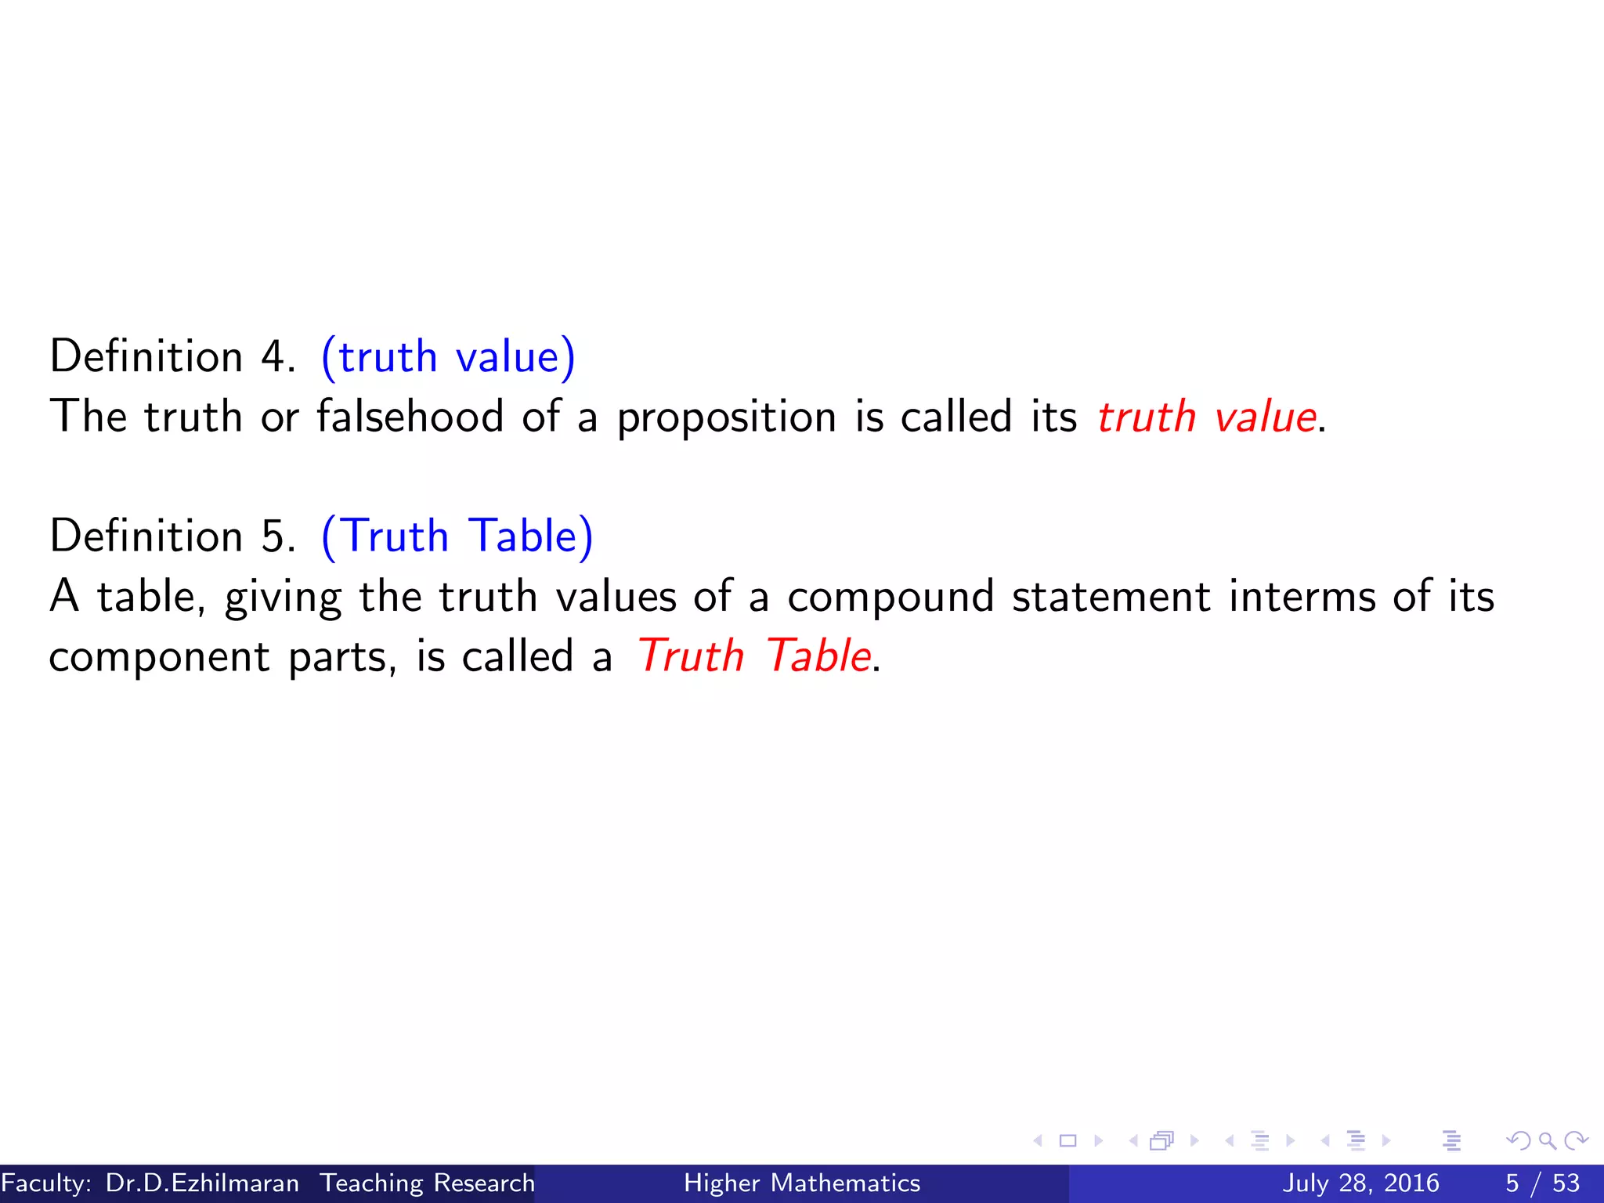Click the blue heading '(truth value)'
(x=448, y=358)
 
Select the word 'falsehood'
(x=410, y=416)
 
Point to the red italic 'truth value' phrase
(x=1206, y=417)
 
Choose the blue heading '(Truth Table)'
(x=457, y=537)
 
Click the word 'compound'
(x=890, y=598)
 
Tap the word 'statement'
(x=1111, y=597)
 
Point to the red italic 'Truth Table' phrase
(x=753, y=656)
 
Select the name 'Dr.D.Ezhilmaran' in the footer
(x=202, y=1183)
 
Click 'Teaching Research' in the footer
(x=427, y=1183)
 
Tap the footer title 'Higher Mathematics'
(x=802, y=1183)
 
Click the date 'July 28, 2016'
(x=1360, y=1183)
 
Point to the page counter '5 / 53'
(x=1542, y=1183)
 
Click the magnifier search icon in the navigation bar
(x=1547, y=1140)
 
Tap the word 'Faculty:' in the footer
(x=46, y=1183)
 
